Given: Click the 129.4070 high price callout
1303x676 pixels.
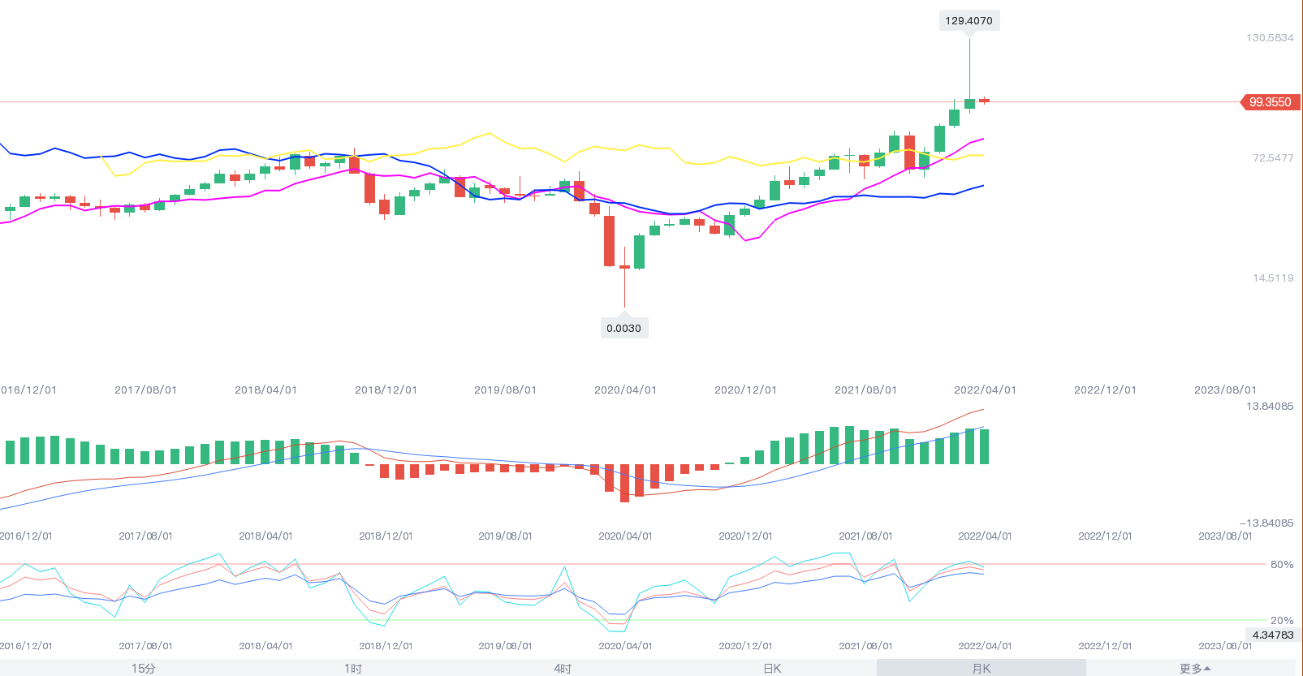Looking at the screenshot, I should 969,21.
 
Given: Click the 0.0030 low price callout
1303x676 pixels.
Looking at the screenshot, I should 623,329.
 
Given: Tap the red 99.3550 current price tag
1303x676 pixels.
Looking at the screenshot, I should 1270,102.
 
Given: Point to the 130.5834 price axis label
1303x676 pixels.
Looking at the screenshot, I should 1270,38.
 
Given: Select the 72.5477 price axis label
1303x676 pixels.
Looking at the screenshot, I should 1273,158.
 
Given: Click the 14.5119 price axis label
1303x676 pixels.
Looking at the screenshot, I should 1273,278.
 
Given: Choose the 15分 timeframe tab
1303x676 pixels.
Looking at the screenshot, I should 143,669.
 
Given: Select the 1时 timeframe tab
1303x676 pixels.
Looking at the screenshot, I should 353,669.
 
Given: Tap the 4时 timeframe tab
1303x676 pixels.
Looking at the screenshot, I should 563,669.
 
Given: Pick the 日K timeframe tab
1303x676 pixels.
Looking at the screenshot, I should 772,669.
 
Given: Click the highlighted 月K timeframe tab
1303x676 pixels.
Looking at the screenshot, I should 982,669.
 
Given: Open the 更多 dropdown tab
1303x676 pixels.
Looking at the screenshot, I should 1194,669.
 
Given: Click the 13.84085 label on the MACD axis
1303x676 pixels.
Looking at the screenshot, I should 1270,407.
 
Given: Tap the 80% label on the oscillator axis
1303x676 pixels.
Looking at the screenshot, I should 1282,565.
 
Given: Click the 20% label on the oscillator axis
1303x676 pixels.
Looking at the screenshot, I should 1282,621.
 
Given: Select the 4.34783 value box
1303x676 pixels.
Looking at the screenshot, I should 1273,635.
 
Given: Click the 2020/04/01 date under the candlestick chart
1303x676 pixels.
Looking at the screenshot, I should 625,390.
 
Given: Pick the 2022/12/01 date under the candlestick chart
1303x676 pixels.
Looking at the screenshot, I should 1105,390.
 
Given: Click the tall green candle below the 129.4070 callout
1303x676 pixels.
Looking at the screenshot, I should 969,103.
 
